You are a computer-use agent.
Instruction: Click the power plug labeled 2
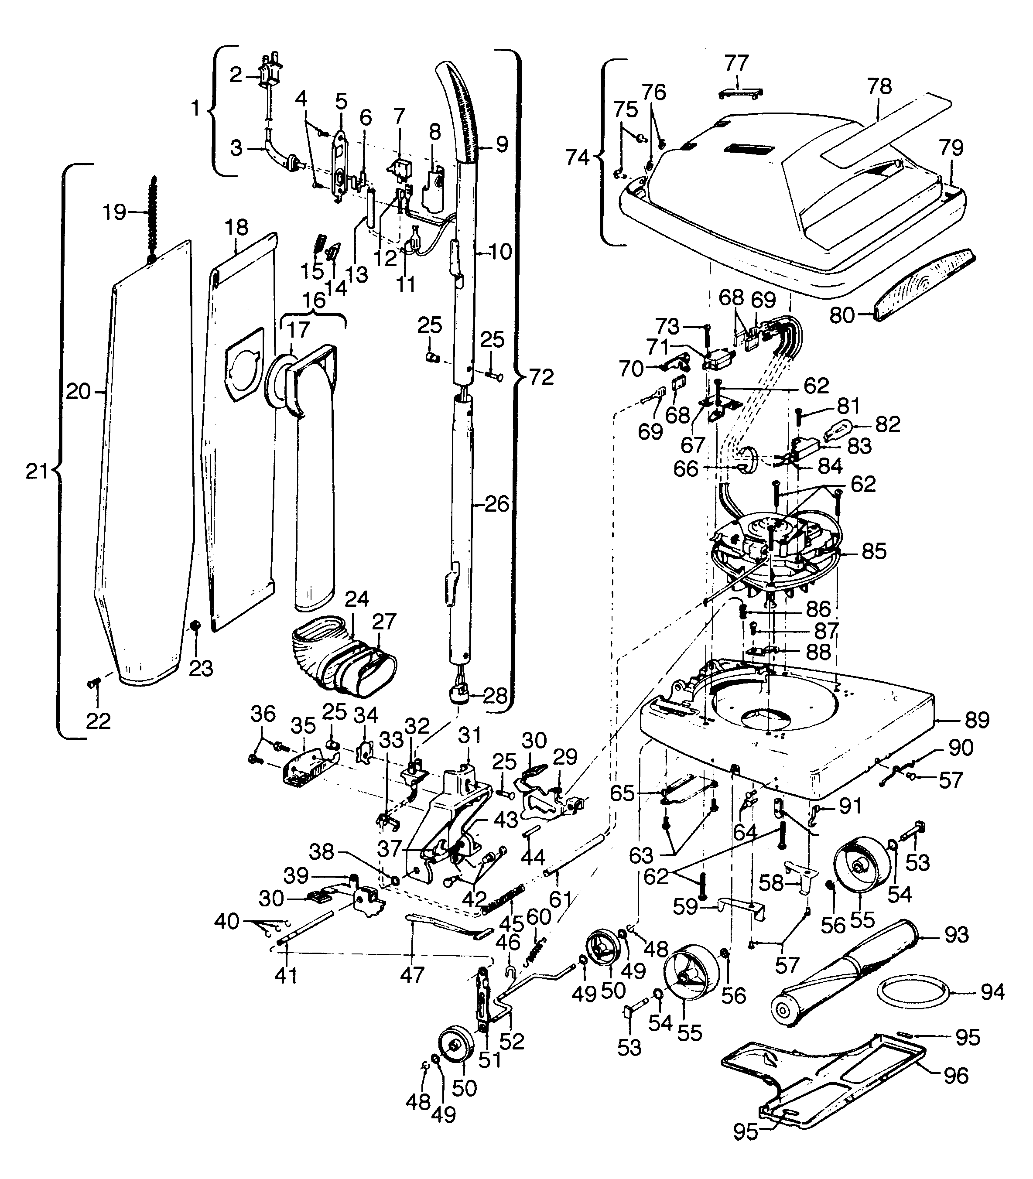click(271, 73)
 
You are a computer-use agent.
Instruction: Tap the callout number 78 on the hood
click(879, 86)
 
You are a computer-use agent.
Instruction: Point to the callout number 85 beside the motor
click(873, 551)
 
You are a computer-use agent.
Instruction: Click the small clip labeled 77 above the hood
click(741, 92)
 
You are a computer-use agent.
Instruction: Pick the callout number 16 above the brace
click(314, 300)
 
